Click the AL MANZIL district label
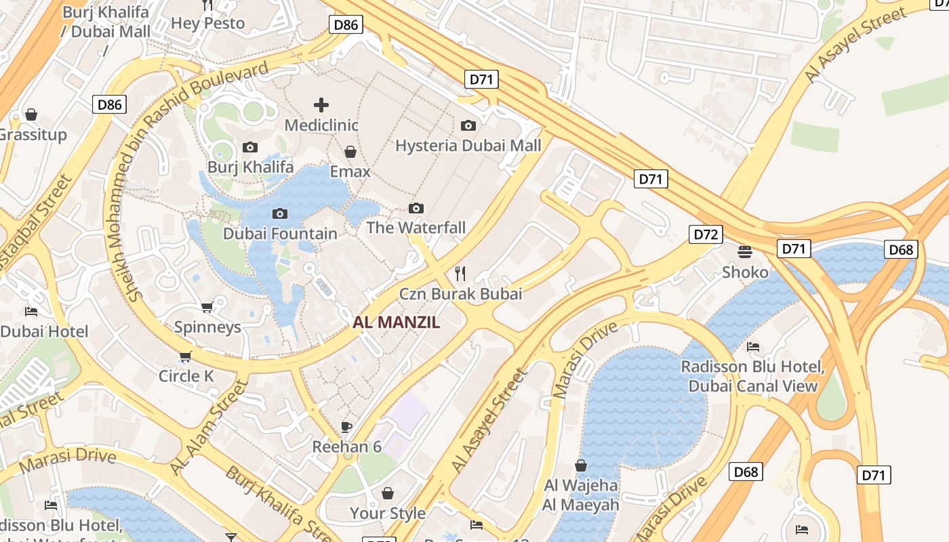click(x=396, y=323)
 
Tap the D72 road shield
click(x=706, y=235)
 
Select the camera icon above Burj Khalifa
click(x=250, y=147)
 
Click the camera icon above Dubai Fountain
click(x=279, y=214)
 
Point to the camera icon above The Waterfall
click(x=416, y=208)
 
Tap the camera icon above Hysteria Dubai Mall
click(x=468, y=125)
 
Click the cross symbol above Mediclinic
click(x=321, y=105)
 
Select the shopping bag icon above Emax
click(x=350, y=152)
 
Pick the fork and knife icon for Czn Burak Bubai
click(x=460, y=274)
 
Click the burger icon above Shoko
click(x=745, y=252)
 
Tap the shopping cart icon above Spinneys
click(x=207, y=308)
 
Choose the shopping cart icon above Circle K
click(x=186, y=356)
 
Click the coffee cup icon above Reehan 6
click(x=346, y=427)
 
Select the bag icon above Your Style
click(x=388, y=493)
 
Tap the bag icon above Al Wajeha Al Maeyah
click(x=581, y=465)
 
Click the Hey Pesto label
click(x=207, y=23)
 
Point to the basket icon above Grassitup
click(x=31, y=114)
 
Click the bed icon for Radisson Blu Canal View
click(x=752, y=347)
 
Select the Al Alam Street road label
click(x=209, y=427)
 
